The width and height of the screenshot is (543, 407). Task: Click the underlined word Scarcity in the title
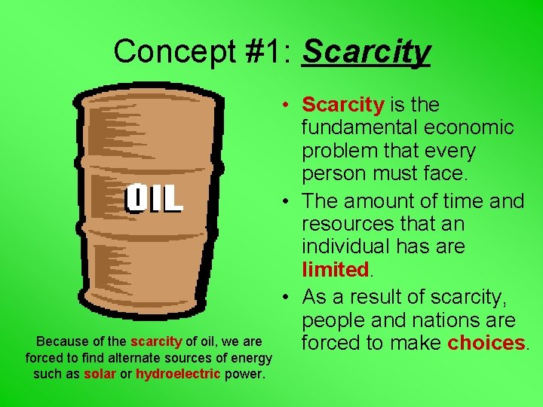[366, 52]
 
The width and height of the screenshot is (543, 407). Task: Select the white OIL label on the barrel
[154, 198]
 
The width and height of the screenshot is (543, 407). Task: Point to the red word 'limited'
[334, 270]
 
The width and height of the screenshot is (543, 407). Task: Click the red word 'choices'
[486, 344]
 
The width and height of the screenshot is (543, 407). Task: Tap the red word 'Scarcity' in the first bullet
[343, 105]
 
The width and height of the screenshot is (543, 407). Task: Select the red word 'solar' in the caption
[100, 375]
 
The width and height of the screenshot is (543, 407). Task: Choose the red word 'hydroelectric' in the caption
[178, 375]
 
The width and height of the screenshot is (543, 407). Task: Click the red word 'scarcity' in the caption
[156, 341]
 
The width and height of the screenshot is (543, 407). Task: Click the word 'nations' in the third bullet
[440, 320]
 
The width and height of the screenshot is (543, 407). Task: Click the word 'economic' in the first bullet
[477, 128]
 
